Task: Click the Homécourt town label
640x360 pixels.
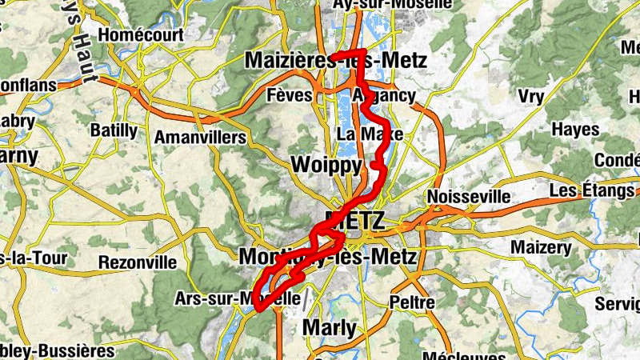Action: click(141, 35)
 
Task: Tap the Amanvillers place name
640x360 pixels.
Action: click(199, 138)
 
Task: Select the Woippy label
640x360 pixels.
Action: click(321, 165)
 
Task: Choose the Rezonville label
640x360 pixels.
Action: click(137, 262)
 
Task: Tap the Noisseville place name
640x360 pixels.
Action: click(469, 196)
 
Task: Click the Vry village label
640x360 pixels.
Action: click(530, 96)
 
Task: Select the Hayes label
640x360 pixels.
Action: click(575, 130)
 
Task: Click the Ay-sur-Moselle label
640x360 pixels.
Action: click(393, 5)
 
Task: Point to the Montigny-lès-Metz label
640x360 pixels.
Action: click(328, 258)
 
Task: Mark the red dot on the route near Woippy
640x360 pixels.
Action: click(374, 165)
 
